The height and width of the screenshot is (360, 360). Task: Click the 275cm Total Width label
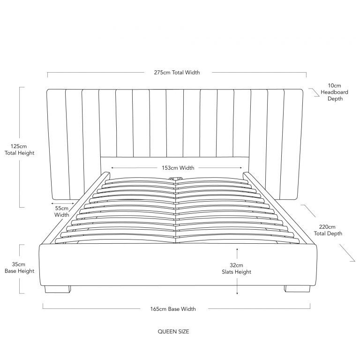tap(177, 73)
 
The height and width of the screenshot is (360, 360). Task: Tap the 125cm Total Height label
tap(20, 150)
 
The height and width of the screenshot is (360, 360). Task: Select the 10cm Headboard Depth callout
tap(334, 92)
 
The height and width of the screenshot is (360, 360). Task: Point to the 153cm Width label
tap(178, 168)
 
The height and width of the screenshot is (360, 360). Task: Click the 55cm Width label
tap(62, 211)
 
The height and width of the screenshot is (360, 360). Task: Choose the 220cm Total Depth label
tap(328, 230)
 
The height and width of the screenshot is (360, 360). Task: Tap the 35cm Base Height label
tap(20, 268)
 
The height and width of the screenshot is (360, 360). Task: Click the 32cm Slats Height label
tap(236, 269)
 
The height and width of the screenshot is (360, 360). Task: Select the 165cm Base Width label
tap(173, 309)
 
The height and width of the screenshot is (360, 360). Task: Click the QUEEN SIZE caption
tap(173, 331)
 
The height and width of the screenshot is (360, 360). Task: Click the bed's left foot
tap(57, 289)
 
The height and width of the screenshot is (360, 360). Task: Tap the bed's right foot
tap(297, 289)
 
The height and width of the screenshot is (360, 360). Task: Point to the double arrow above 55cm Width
tap(63, 203)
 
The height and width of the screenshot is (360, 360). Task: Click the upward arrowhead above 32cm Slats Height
tap(237, 249)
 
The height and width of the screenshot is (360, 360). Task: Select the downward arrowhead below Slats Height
tap(237, 292)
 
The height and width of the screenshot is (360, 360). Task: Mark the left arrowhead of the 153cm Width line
tap(112, 168)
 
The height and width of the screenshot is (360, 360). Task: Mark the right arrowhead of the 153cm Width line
tap(240, 168)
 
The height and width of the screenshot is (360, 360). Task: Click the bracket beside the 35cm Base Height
tap(22, 269)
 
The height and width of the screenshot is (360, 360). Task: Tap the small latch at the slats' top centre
tap(175, 179)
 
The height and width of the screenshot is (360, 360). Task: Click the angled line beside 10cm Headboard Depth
tap(314, 92)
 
